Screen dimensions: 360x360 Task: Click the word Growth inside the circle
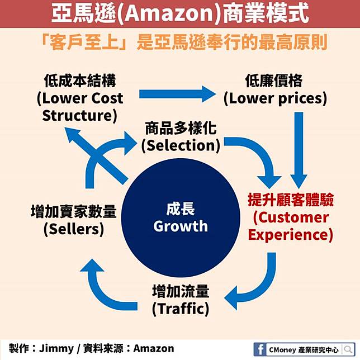(x=181, y=226)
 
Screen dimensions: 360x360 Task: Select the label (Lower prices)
(x=275, y=99)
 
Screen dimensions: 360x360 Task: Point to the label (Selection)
(x=181, y=146)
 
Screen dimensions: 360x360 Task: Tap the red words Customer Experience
(x=290, y=225)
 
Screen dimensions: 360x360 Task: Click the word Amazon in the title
(x=166, y=14)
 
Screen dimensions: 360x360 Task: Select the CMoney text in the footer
(x=291, y=349)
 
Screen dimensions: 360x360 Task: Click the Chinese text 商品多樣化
(x=181, y=129)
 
